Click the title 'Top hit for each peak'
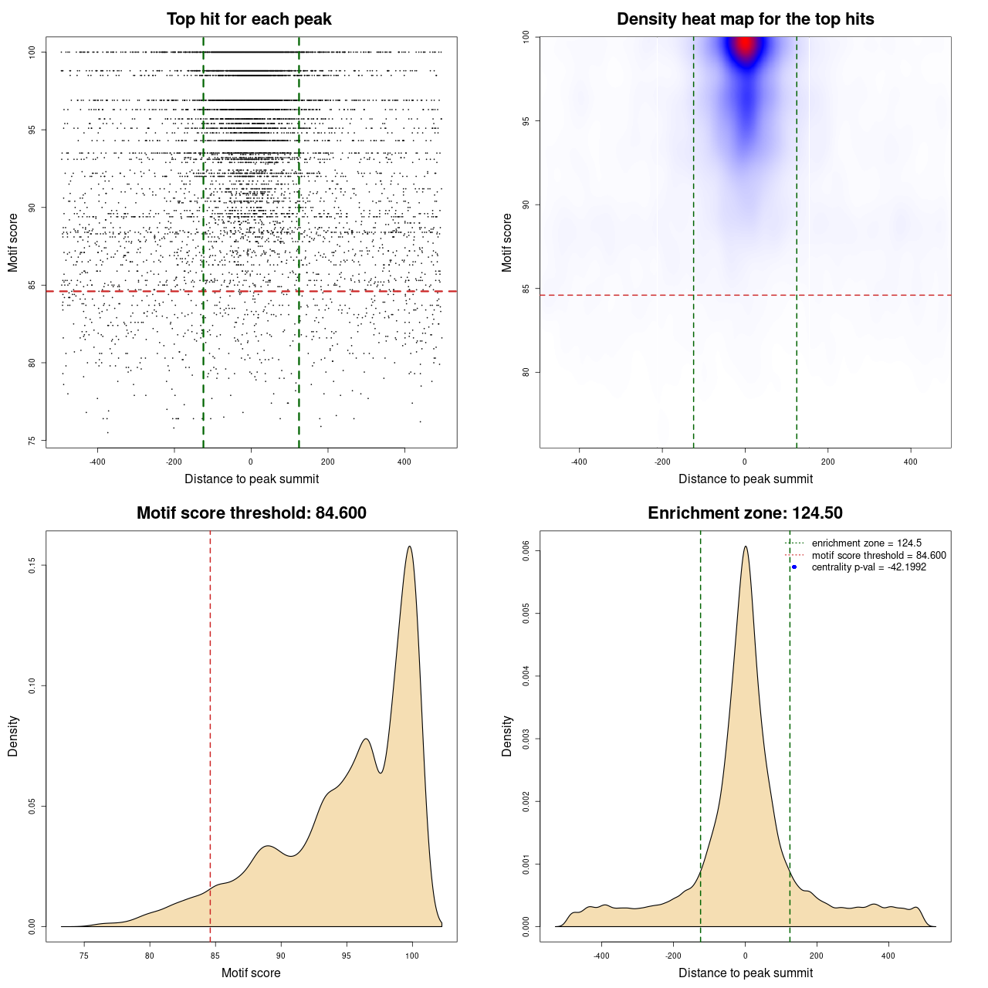[x=249, y=19]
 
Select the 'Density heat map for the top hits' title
[x=745, y=19]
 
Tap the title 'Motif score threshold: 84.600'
[x=251, y=513]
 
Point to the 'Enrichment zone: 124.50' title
[x=745, y=513]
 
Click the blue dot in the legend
[x=794, y=567]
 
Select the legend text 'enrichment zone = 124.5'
[x=866, y=543]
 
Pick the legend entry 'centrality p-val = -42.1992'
[x=868, y=567]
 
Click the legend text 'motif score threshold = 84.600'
[x=878, y=556]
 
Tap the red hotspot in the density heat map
[x=745, y=46]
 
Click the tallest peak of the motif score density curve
[x=409, y=546]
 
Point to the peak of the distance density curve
[x=746, y=546]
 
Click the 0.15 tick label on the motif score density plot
[x=32, y=566]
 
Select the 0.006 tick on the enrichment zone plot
[x=526, y=550]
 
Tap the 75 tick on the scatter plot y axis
[x=32, y=441]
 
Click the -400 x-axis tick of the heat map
[x=579, y=462]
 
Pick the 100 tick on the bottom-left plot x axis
[x=411, y=956]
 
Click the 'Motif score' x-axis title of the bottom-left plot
[x=251, y=973]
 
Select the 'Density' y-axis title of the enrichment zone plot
[x=507, y=736]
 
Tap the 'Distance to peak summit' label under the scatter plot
[x=252, y=479]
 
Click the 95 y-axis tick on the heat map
[x=526, y=121]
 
